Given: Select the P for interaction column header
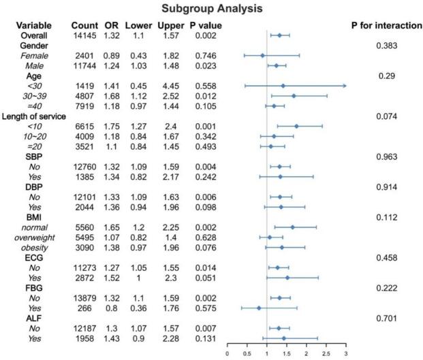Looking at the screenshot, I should coord(383,25).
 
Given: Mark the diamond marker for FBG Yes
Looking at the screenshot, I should coord(259,308).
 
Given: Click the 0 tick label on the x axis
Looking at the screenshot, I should coord(227,354).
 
